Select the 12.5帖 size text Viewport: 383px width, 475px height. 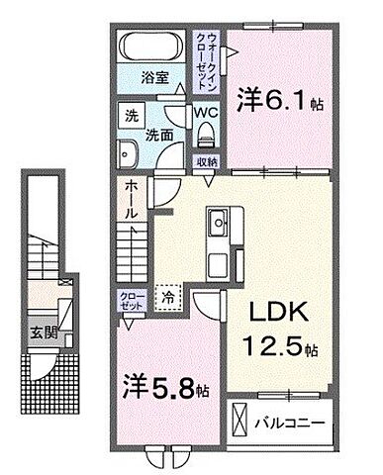coord(282,350)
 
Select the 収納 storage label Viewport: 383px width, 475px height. coord(206,161)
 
